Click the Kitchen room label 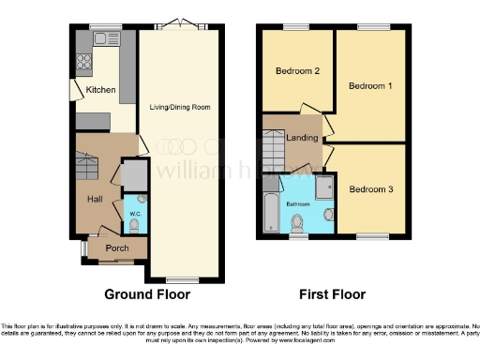click(x=100, y=90)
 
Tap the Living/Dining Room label click(x=180, y=107)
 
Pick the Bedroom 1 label click(x=369, y=85)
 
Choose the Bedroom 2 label click(x=298, y=71)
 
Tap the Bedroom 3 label click(x=370, y=189)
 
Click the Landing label click(x=301, y=139)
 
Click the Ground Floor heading click(x=146, y=293)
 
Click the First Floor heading click(x=332, y=293)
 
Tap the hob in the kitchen click(x=82, y=63)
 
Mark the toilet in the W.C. click(x=134, y=225)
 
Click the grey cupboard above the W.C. click(x=134, y=174)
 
